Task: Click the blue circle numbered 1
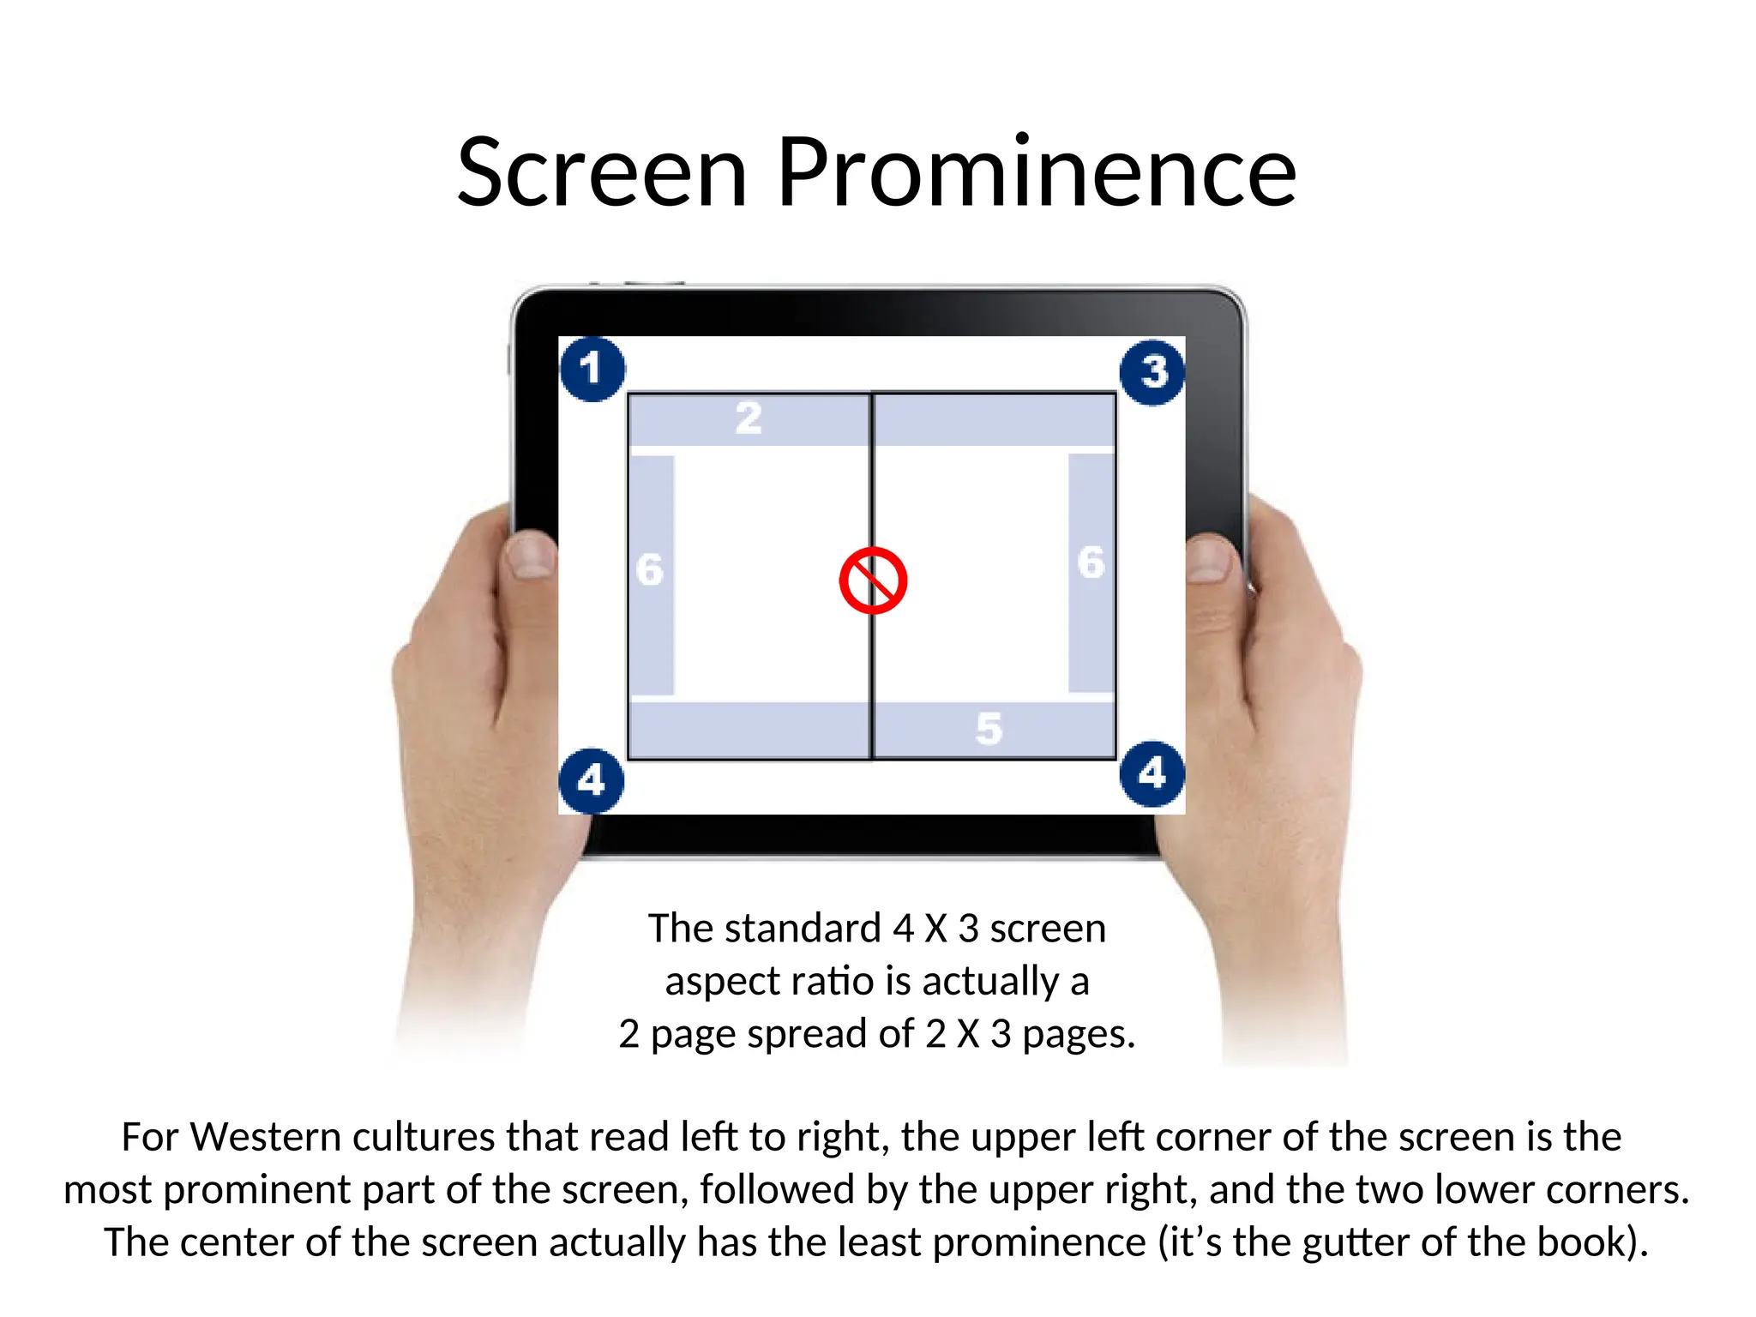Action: point(592,370)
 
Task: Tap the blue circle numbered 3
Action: point(1152,372)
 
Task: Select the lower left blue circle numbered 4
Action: point(591,780)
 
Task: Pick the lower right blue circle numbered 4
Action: point(1152,773)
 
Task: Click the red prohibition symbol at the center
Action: point(873,580)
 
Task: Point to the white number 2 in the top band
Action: point(749,418)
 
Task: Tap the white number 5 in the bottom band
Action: point(989,729)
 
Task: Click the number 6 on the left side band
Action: point(650,570)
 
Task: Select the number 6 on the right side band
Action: point(1091,563)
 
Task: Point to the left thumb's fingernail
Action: point(530,555)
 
